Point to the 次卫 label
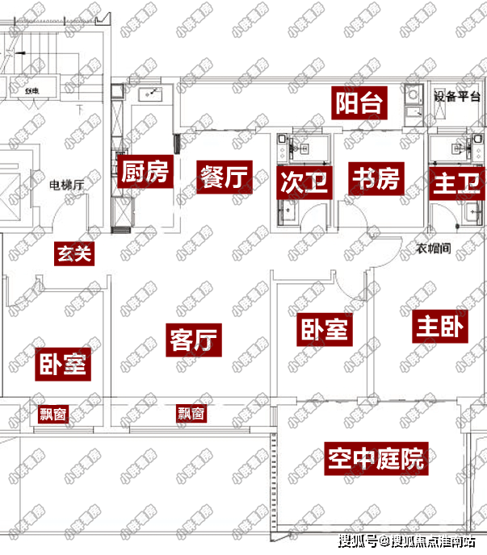point(304,181)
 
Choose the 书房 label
point(375,177)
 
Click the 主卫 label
point(451,181)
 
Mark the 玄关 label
point(75,254)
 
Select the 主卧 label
point(441,326)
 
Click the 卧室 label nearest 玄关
point(63,365)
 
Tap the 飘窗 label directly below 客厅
point(191,414)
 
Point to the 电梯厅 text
point(67,186)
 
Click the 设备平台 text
point(457,96)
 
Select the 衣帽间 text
point(434,249)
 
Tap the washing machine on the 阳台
point(412,97)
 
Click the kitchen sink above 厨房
point(149,94)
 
